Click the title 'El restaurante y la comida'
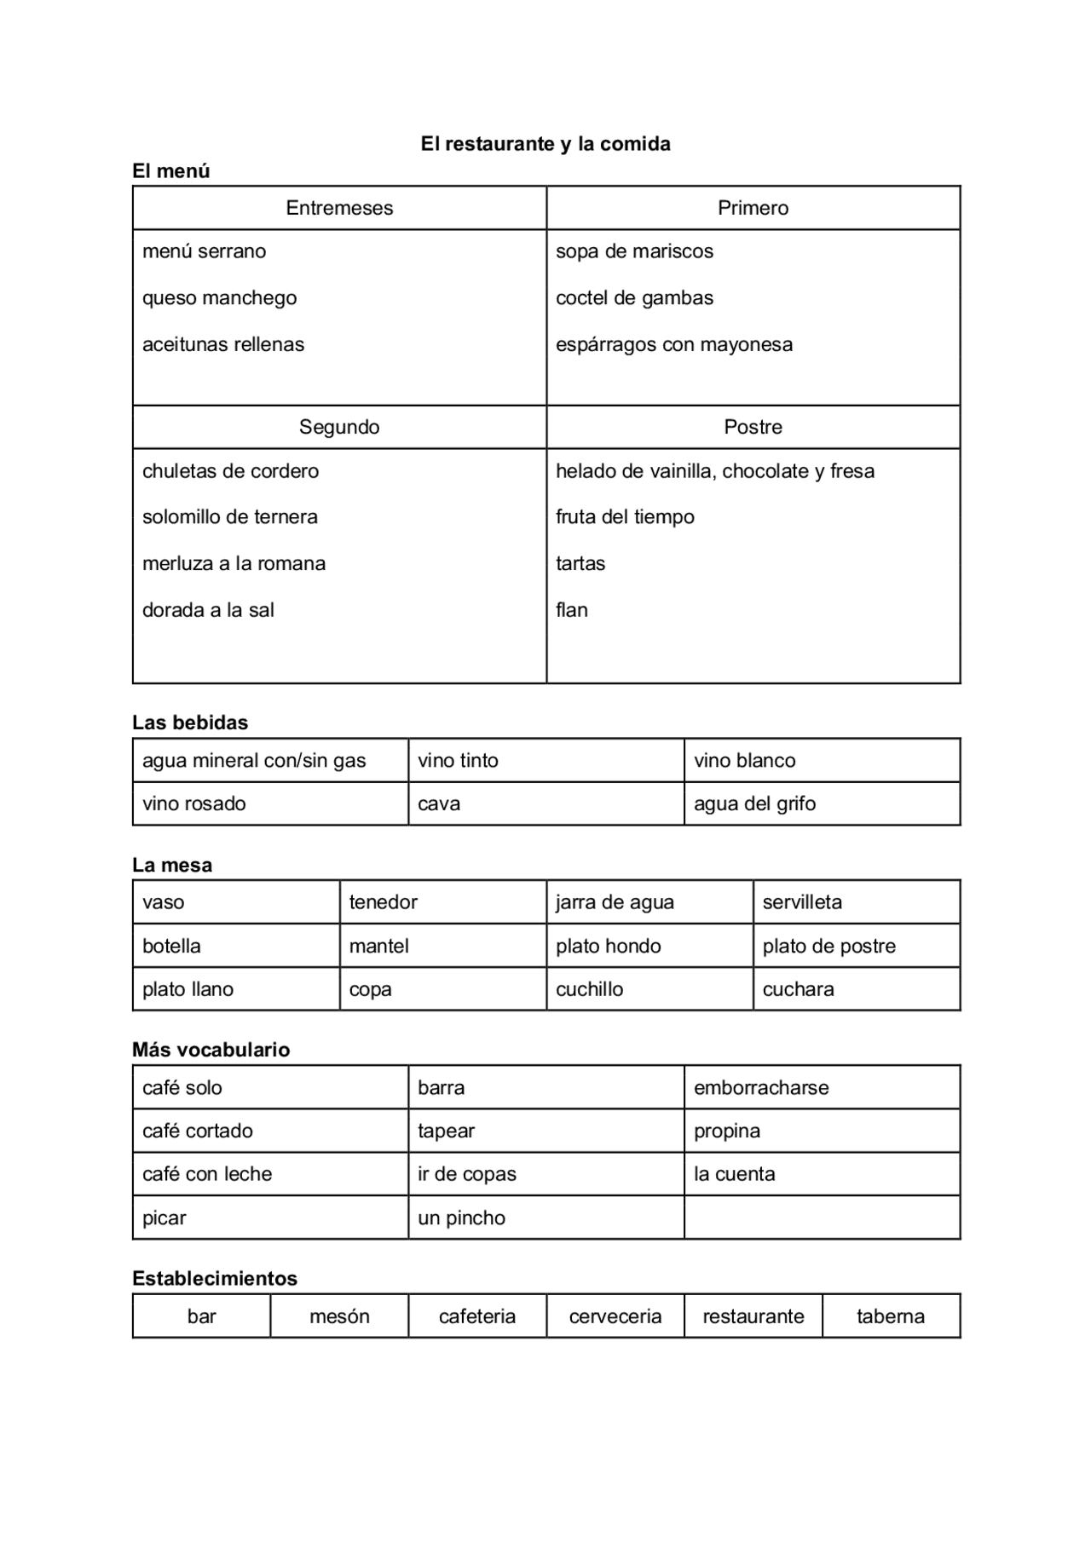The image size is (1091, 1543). (x=545, y=144)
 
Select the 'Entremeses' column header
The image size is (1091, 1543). (x=339, y=208)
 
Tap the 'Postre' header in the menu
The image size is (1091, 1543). (x=753, y=427)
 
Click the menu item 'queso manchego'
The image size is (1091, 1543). (x=220, y=298)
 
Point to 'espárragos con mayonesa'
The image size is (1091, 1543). (x=673, y=345)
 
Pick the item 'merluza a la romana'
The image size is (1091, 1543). (x=234, y=563)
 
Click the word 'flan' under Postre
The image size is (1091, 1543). (x=572, y=610)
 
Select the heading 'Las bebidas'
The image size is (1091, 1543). (x=190, y=723)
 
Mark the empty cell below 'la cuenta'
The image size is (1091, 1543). (x=822, y=1218)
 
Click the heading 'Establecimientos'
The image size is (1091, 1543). (x=215, y=1278)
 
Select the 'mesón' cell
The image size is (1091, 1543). (x=339, y=1316)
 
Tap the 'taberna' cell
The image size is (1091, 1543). (x=891, y=1316)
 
